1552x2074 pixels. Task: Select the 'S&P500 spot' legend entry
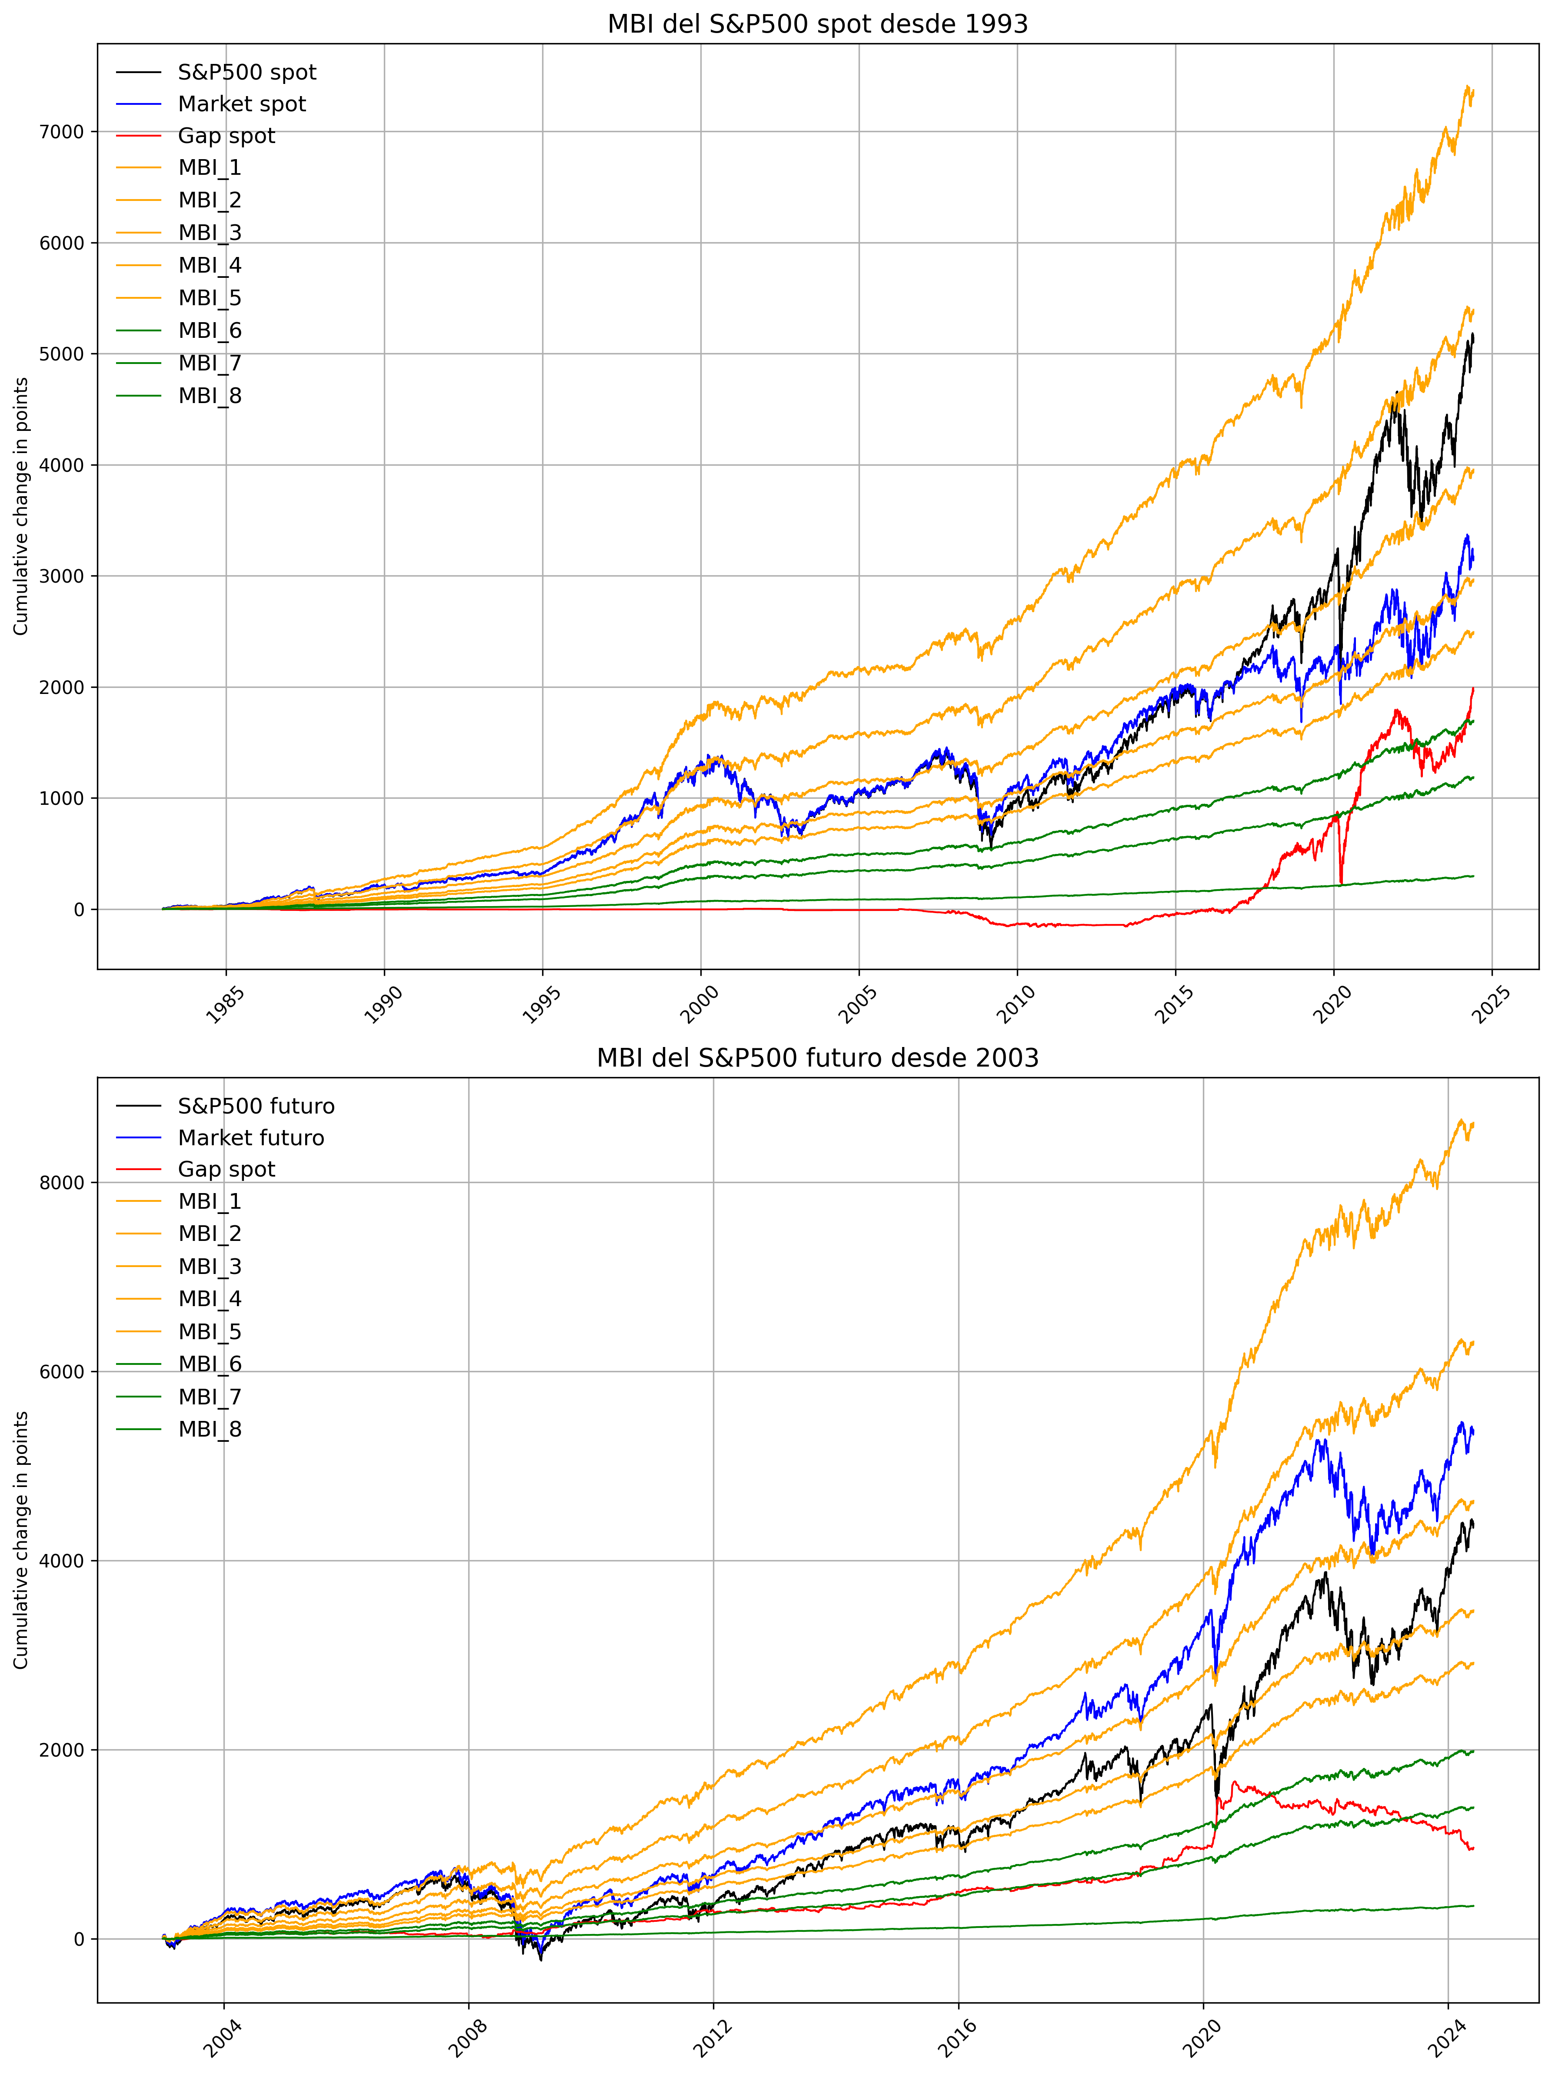coord(246,72)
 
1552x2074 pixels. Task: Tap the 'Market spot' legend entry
coord(242,104)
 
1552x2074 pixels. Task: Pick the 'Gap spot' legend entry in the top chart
coord(226,136)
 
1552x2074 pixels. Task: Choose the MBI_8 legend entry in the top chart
coord(210,396)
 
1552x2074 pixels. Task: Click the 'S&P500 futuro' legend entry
coord(256,1107)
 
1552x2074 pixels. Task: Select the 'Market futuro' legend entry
coord(250,1138)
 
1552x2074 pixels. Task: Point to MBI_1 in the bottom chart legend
coord(210,1201)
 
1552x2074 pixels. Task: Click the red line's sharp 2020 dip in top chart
coord(1341,881)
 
